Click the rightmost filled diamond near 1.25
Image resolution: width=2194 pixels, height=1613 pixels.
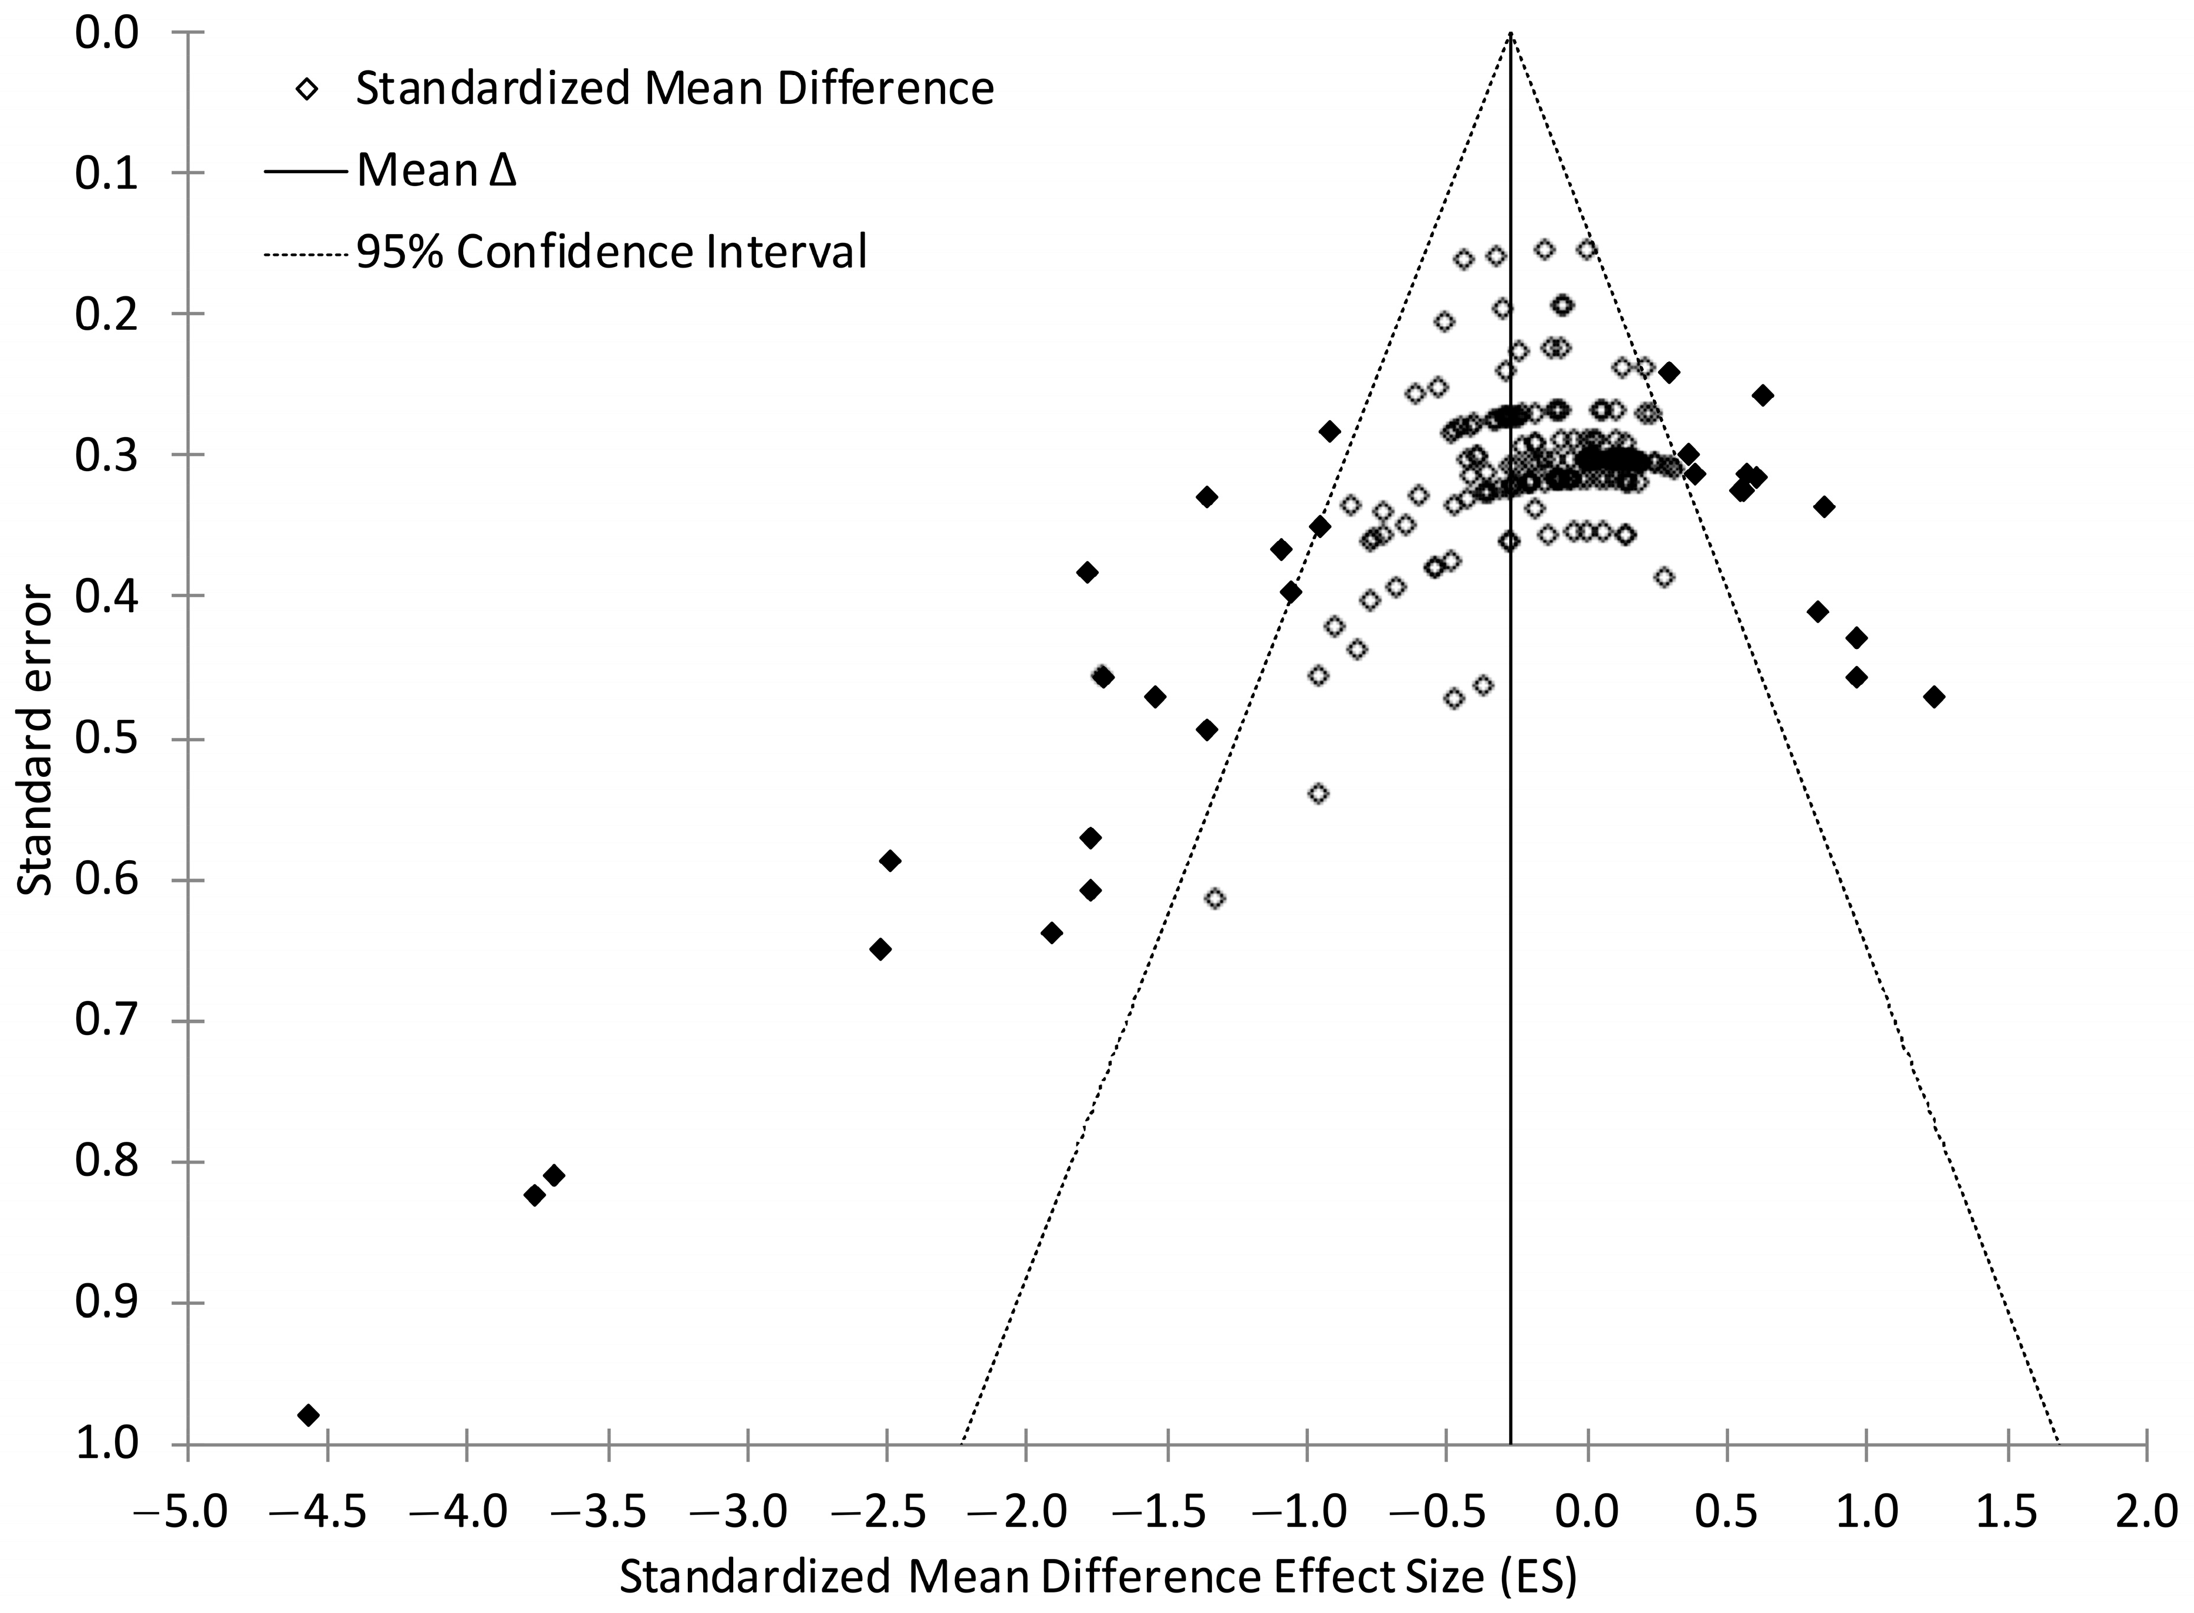click(x=1933, y=696)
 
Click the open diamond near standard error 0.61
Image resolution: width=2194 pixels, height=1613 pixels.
click(x=1214, y=897)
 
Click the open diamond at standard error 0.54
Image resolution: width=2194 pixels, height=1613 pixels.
click(x=1318, y=793)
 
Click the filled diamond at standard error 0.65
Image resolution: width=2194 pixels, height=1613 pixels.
click(x=880, y=949)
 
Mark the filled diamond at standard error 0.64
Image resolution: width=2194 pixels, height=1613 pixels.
click(x=1052, y=932)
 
